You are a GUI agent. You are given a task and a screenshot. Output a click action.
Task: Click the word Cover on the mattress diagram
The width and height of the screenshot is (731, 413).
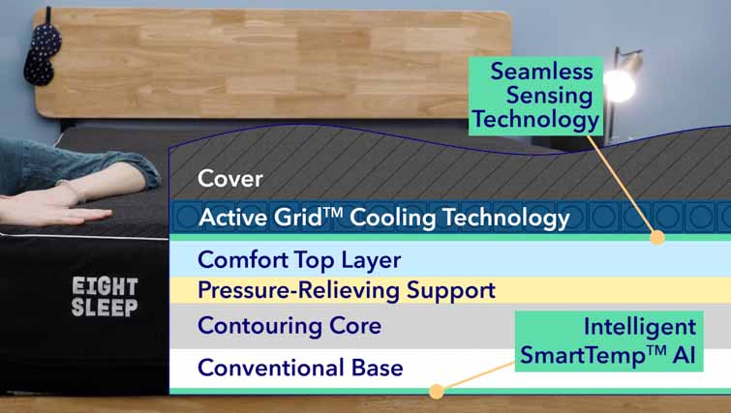(230, 179)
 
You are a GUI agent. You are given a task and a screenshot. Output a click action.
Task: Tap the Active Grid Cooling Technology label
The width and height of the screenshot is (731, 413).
(383, 218)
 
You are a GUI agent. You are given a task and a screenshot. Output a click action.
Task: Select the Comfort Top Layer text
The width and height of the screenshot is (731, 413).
(299, 260)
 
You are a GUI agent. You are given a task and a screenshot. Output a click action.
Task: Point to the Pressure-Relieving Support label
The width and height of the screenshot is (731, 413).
(346, 290)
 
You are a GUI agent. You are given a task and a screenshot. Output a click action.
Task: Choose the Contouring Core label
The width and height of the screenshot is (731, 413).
(289, 325)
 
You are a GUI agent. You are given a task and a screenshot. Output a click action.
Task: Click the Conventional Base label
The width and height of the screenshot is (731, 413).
(300, 368)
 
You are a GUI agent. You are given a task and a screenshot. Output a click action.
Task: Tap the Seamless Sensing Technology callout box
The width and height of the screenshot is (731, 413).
(535, 96)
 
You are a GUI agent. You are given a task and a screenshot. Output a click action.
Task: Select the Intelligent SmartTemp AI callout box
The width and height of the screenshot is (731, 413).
(609, 341)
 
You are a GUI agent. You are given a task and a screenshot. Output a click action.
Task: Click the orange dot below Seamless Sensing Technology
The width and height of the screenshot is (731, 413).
(657, 238)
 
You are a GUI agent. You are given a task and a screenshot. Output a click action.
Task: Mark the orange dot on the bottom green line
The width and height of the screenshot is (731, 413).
(437, 392)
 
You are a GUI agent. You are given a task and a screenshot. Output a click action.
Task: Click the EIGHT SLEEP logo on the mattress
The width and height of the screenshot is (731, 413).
(105, 297)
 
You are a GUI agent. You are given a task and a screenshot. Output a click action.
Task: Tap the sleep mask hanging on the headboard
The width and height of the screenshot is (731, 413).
(42, 53)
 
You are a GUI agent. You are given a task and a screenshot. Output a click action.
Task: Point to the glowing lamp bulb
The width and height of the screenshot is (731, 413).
(620, 86)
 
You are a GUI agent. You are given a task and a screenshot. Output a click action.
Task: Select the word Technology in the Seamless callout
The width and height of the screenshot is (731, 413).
(535, 119)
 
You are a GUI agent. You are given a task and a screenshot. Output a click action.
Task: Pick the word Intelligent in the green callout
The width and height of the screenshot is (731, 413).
(640, 327)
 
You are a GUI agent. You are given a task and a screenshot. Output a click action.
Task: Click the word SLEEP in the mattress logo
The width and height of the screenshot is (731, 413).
(105, 308)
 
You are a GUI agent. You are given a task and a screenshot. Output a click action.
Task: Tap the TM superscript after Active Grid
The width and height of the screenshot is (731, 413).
(333, 213)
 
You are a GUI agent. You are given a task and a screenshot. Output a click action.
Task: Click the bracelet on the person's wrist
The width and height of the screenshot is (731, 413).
(74, 191)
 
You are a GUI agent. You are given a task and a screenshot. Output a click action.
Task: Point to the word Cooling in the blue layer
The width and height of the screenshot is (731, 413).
(392, 218)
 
